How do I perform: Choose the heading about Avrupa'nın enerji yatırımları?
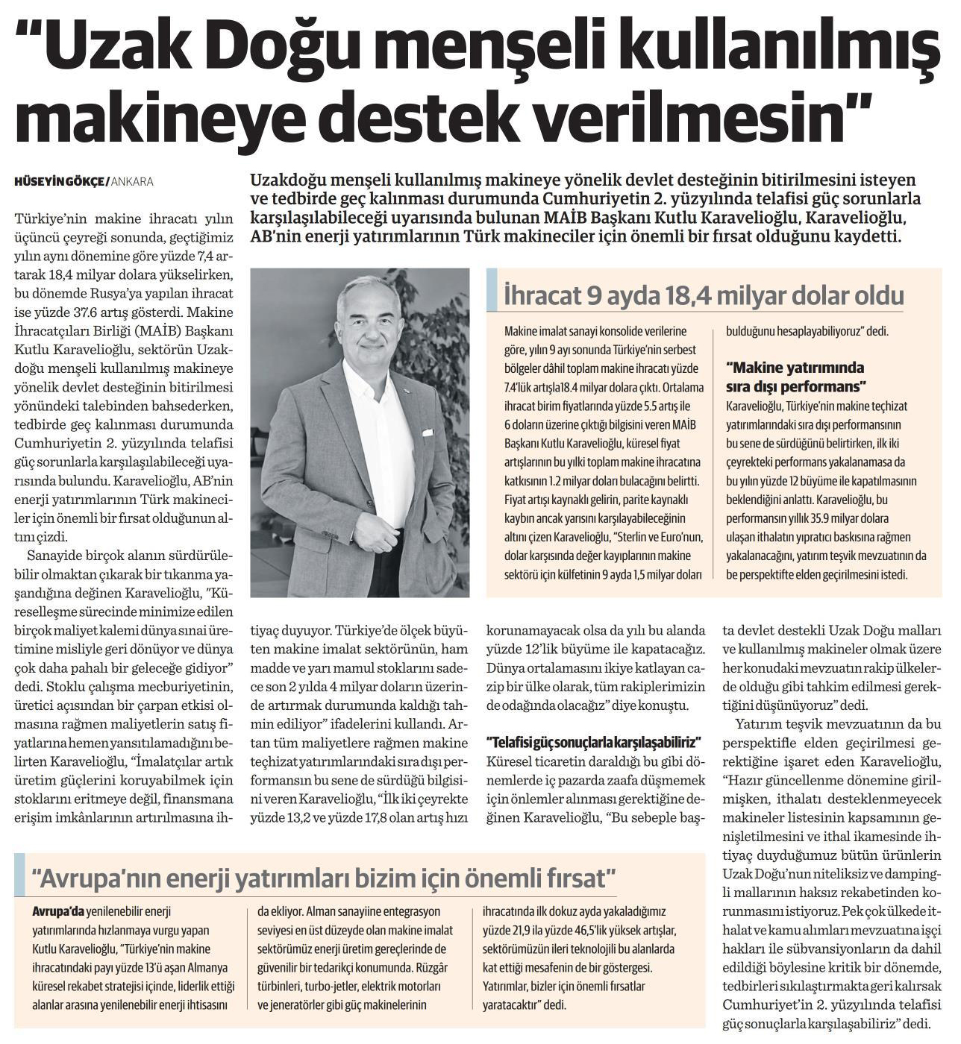coord(324,877)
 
